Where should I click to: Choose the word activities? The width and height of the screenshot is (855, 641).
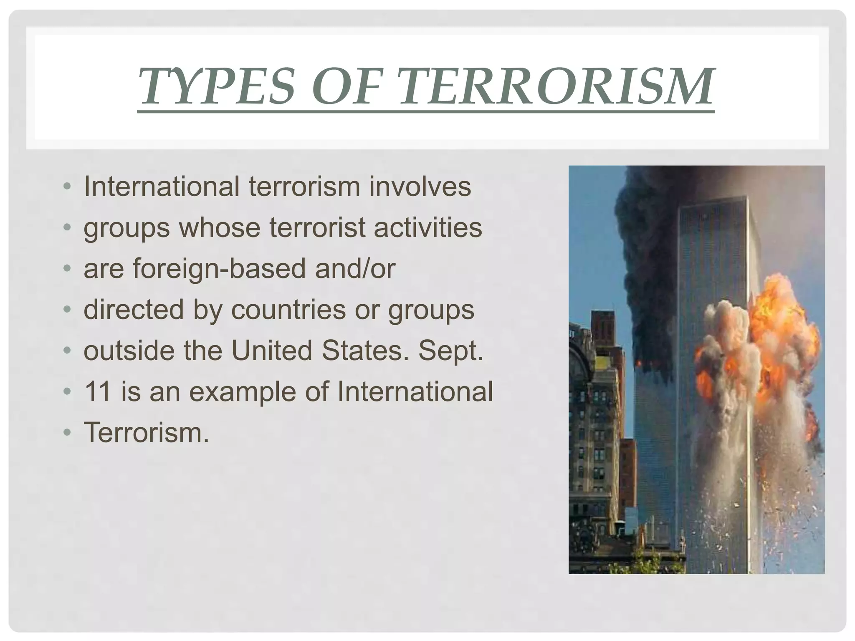click(x=427, y=228)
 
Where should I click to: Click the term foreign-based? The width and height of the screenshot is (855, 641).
click(x=220, y=268)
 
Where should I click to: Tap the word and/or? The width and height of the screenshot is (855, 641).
click(x=355, y=268)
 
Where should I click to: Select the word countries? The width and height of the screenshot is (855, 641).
click(x=288, y=310)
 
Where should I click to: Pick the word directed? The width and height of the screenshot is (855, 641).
click(x=134, y=310)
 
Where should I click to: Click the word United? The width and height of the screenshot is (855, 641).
click(x=272, y=351)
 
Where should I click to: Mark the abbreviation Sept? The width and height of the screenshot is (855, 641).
click(x=451, y=351)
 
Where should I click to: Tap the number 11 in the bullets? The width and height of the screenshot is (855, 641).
click(x=98, y=391)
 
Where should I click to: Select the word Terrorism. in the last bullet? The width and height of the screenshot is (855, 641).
click(x=146, y=433)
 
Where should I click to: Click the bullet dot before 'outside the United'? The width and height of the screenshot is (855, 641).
click(x=67, y=351)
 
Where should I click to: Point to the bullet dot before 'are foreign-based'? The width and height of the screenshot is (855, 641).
click(x=67, y=269)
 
